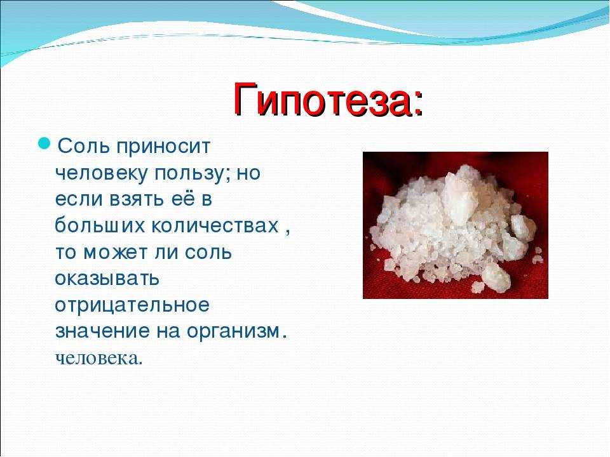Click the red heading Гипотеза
point(323,99)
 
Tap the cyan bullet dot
point(44,143)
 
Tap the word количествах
point(215,225)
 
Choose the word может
point(116,253)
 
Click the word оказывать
point(107,278)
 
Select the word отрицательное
point(132,305)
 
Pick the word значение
point(102,331)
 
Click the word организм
point(234,331)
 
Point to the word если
point(79,200)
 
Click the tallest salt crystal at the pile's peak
point(461,196)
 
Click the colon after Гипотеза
point(419,105)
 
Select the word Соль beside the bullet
point(83,147)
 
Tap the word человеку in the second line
point(101,174)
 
